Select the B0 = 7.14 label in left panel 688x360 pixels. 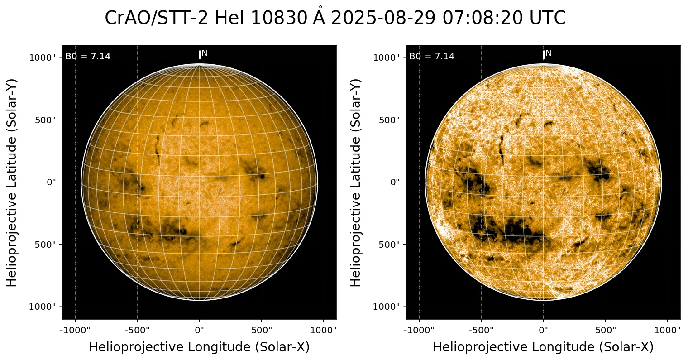click(x=88, y=57)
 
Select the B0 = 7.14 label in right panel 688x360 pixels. click(x=432, y=57)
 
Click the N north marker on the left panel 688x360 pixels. click(x=205, y=53)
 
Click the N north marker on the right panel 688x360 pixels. click(x=549, y=53)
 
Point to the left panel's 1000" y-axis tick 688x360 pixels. click(x=43, y=58)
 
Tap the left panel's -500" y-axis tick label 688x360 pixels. click(x=44, y=245)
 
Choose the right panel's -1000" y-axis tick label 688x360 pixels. click(x=386, y=307)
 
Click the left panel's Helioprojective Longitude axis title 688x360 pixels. click(x=199, y=347)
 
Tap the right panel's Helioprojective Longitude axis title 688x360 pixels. click(x=543, y=347)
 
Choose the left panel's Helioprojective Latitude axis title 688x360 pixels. click(x=12, y=182)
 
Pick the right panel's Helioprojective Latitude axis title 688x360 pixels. click(x=356, y=182)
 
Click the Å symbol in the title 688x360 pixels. click(x=320, y=17)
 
